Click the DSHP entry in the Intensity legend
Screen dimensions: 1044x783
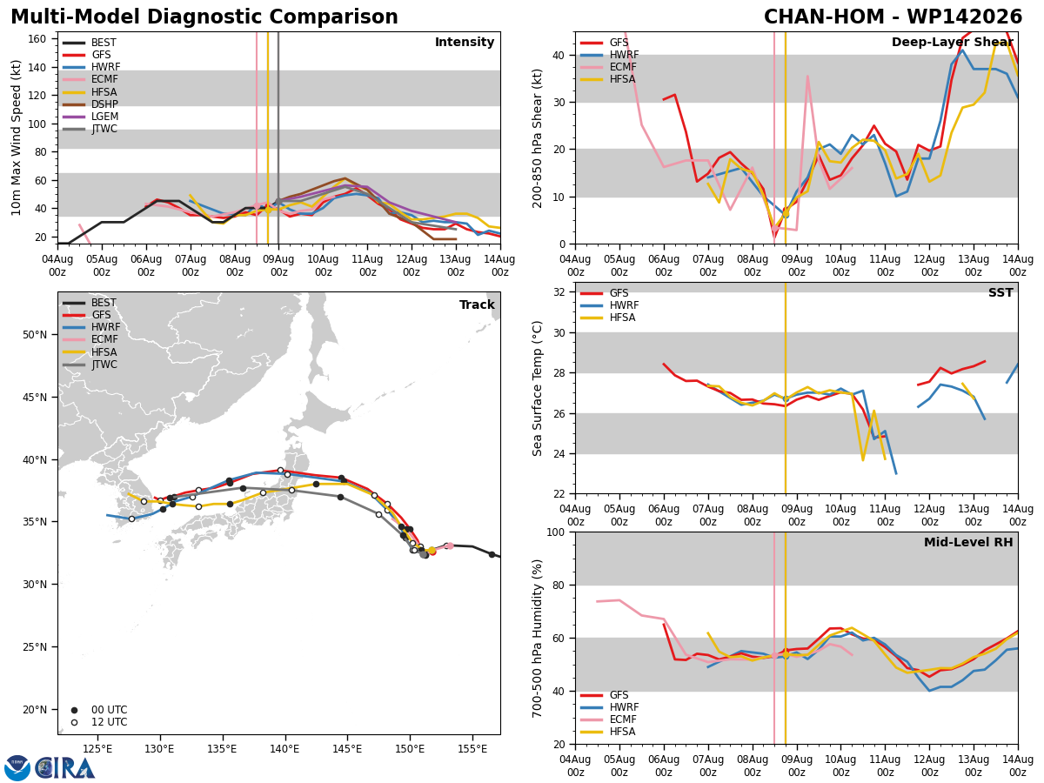pyautogui.click(x=90, y=104)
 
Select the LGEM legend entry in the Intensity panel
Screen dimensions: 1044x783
pyautogui.click(x=90, y=117)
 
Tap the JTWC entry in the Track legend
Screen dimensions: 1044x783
pyautogui.click(x=90, y=365)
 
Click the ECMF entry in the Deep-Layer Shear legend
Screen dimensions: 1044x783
pyautogui.click(x=608, y=67)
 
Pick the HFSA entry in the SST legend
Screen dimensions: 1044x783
pyautogui.click(x=608, y=318)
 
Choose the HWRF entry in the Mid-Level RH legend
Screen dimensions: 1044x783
pyautogui.click(x=609, y=707)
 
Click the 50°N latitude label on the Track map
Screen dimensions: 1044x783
pyautogui.click(x=35, y=335)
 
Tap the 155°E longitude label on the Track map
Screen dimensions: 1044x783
pyautogui.click(x=472, y=750)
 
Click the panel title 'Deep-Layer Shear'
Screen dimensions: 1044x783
pyautogui.click(x=952, y=43)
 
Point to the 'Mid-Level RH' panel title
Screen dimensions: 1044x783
pyautogui.click(x=968, y=542)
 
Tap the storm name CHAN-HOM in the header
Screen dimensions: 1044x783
pyautogui.click(x=824, y=17)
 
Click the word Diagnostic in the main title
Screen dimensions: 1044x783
pyautogui.click(x=204, y=17)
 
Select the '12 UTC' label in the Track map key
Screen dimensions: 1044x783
pyautogui.click(x=110, y=722)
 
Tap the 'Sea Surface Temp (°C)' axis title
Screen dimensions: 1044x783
pyautogui.click(x=538, y=389)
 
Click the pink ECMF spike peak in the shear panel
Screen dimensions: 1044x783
pyautogui.click(x=807, y=76)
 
